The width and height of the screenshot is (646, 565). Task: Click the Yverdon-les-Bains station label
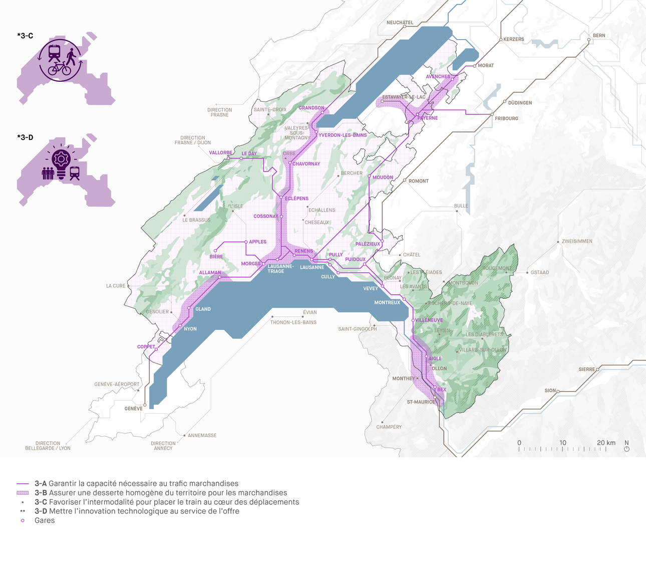tap(343, 135)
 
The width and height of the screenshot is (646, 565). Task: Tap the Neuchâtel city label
tap(400, 23)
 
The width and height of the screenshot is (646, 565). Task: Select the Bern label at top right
tap(599, 36)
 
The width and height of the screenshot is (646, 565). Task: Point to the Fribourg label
tap(506, 118)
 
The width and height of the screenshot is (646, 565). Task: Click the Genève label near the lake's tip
tap(133, 409)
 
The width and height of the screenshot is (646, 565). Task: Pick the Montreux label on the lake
tap(387, 302)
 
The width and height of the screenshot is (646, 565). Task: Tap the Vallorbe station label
tap(220, 153)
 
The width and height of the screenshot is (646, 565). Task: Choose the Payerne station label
tap(428, 118)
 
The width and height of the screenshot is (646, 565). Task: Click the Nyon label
tap(190, 329)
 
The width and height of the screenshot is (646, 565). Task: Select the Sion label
tap(550, 391)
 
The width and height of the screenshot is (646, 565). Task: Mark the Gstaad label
tap(539, 272)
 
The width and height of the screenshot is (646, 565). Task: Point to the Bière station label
tap(216, 257)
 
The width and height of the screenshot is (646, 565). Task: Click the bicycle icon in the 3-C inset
tap(59, 69)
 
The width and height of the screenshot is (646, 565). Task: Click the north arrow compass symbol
tap(626, 449)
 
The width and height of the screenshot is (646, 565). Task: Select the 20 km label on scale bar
tap(606, 443)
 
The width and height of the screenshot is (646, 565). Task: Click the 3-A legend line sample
tap(23, 484)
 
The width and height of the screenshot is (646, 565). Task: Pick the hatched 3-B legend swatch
tap(23, 493)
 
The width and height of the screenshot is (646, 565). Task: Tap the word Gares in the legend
tap(45, 520)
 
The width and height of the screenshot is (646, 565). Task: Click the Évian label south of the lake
tap(309, 312)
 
